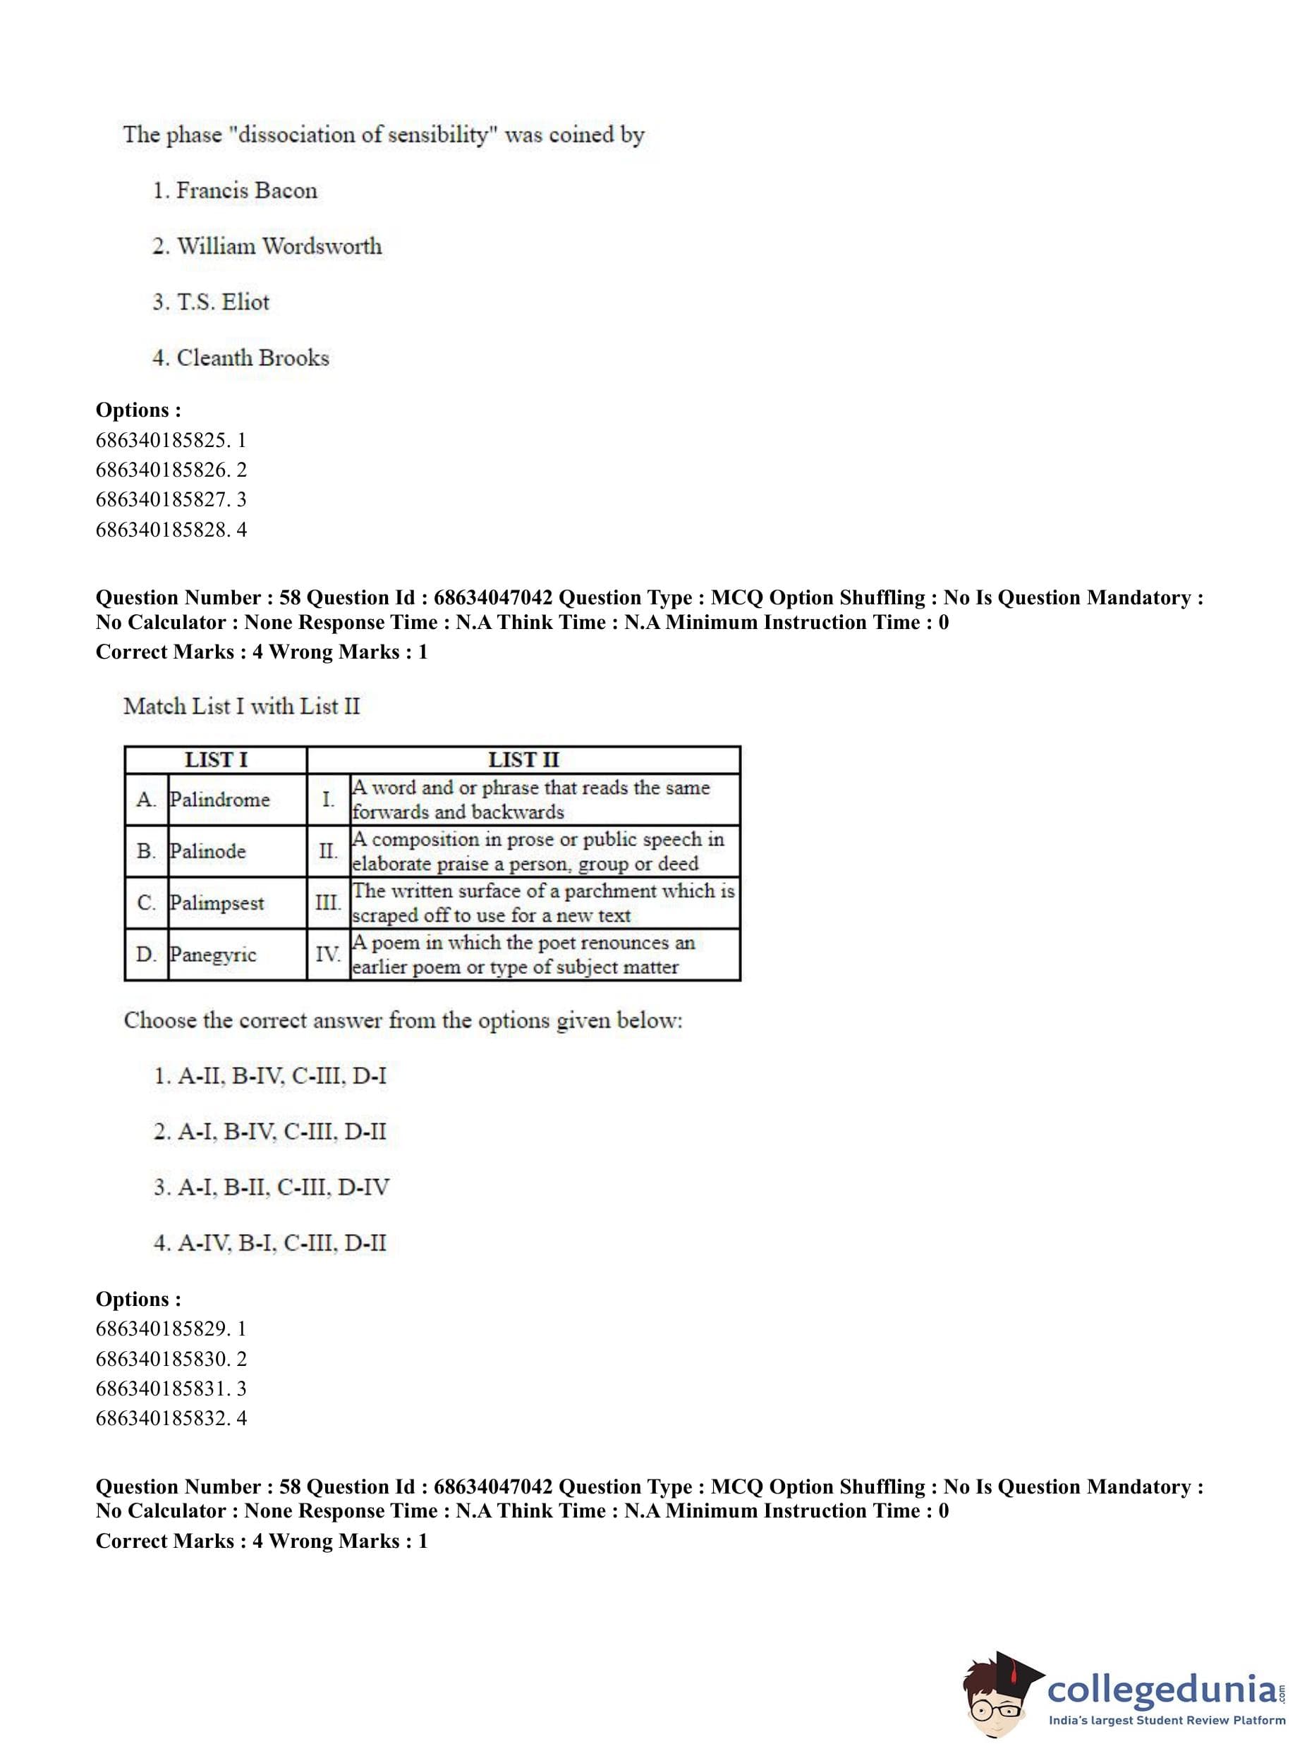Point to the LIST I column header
(x=216, y=759)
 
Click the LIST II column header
(x=523, y=759)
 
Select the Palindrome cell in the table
(x=219, y=800)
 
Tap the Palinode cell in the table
(x=208, y=851)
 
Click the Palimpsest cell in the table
(x=217, y=903)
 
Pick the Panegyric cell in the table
(x=213, y=955)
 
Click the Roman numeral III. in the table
(x=328, y=903)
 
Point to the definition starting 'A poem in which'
(x=523, y=955)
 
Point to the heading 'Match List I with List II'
(x=241, y=706)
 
